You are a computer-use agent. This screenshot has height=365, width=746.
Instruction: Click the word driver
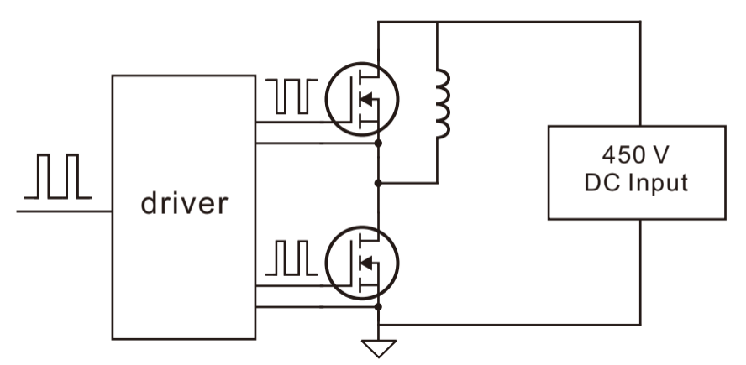point(184,203)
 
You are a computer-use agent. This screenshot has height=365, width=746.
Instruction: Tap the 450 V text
point(636,154)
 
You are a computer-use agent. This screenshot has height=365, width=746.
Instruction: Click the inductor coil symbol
point(444,103)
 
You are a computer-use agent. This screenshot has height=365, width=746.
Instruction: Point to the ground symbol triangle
point(379,348)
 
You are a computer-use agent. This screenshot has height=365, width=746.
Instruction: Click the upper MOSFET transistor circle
point(362,63)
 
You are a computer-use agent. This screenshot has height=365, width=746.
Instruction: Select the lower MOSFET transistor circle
point(362,227)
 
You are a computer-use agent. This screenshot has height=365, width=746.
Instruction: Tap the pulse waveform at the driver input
point(58,176)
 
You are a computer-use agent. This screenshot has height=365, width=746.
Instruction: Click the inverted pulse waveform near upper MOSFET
point(292,96)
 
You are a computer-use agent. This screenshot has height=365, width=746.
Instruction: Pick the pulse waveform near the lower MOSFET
point(292,258)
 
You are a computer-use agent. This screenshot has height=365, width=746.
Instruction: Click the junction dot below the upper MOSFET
point(378,143)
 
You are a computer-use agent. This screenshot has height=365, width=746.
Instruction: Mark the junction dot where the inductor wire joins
point(378,183)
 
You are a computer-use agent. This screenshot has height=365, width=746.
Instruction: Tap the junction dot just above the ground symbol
point(378,307)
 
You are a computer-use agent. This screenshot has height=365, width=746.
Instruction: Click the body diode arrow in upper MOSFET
point(366,99)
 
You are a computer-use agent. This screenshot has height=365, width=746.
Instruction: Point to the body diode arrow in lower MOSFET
point(366,263)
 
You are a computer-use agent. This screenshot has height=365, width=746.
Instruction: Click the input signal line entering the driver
point(64,211)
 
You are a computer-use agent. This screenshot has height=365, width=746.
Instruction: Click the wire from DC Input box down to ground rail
point(640,272)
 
